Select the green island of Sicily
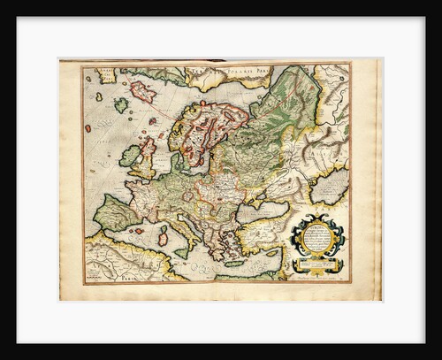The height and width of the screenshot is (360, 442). point(185,250)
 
